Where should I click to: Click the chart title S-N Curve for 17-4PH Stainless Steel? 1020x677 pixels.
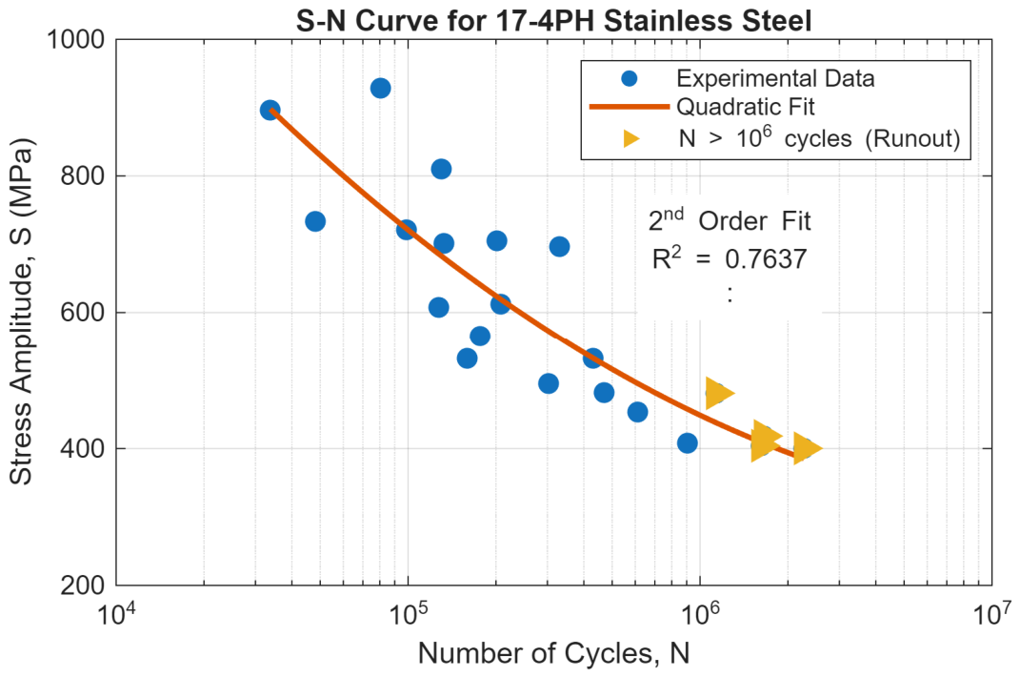point(553,20)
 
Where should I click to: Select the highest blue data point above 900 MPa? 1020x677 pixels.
point(381,88)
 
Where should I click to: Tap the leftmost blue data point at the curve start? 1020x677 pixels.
point(270,110)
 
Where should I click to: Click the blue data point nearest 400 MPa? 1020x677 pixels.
point(687,443)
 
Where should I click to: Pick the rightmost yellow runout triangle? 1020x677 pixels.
point(808,448)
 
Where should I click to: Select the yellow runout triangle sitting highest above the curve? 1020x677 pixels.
point(719,394)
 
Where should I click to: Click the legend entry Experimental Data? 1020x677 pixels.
point(774,78)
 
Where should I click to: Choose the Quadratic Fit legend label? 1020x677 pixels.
point(746,106)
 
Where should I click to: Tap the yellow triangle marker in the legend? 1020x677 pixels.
point(631,138)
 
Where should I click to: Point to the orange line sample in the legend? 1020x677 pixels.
point(629,106)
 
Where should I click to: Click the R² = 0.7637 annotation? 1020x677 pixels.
point(730,258)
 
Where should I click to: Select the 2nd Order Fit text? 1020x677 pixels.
point(730,220)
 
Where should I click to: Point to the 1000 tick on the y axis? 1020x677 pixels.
point(75,39)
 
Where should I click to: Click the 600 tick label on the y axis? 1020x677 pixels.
point(83,312)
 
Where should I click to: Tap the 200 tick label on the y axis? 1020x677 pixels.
point(83,585)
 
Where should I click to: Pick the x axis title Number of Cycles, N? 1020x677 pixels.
point(553,653)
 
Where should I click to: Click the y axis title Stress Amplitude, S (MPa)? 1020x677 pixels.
point(21,312)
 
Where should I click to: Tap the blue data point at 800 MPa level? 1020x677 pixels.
point(441,170)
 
